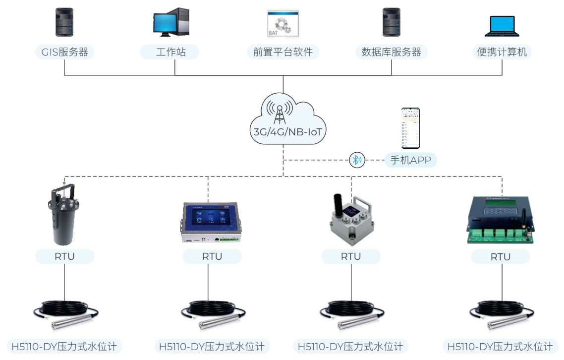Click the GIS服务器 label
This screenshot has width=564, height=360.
(x=64, y=52)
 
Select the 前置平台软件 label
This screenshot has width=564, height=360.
(x=282, y=52)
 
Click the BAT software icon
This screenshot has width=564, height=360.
(x=283, y=23)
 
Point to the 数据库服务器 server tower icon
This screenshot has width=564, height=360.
(x=391, y=22)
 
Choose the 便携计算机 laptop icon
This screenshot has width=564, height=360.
(x=502, y=26)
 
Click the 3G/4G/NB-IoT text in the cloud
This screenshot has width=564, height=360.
(x=283, y=132)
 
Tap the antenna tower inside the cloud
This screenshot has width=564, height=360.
(x=280, y=114)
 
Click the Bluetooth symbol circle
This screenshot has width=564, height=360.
(x=357, y=160)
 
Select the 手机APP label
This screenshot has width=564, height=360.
(x=410, y=160)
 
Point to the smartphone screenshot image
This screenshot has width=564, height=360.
(x=411, y=128)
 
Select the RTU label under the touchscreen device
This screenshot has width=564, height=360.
(x=212, y=257)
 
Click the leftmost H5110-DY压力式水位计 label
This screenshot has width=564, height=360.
(x=64, y=346)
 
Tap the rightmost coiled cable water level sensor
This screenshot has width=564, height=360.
(x=501, y=314)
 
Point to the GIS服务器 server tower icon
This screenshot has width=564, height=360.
(x=64, y=22)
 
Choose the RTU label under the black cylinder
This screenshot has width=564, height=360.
(x=64, y=257)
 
